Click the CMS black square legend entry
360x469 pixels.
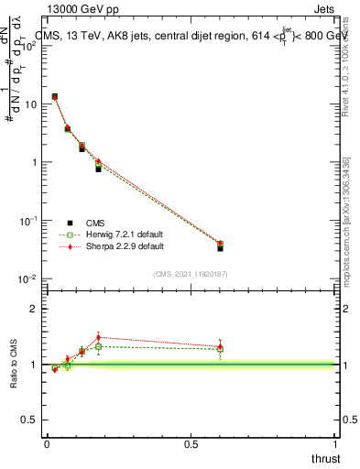[x=71, y=222]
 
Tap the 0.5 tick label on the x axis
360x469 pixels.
[x=191, y=444]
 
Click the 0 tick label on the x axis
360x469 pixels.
[x=47, y=444]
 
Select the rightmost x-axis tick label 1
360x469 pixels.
[x=335, y=444]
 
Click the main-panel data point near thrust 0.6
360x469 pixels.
[x=220, y=245]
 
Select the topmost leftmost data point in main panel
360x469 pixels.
[x=55, y=96]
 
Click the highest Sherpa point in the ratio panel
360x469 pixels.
[x=98, y=337]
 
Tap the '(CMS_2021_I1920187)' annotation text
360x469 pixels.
[x=191, y=274]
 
